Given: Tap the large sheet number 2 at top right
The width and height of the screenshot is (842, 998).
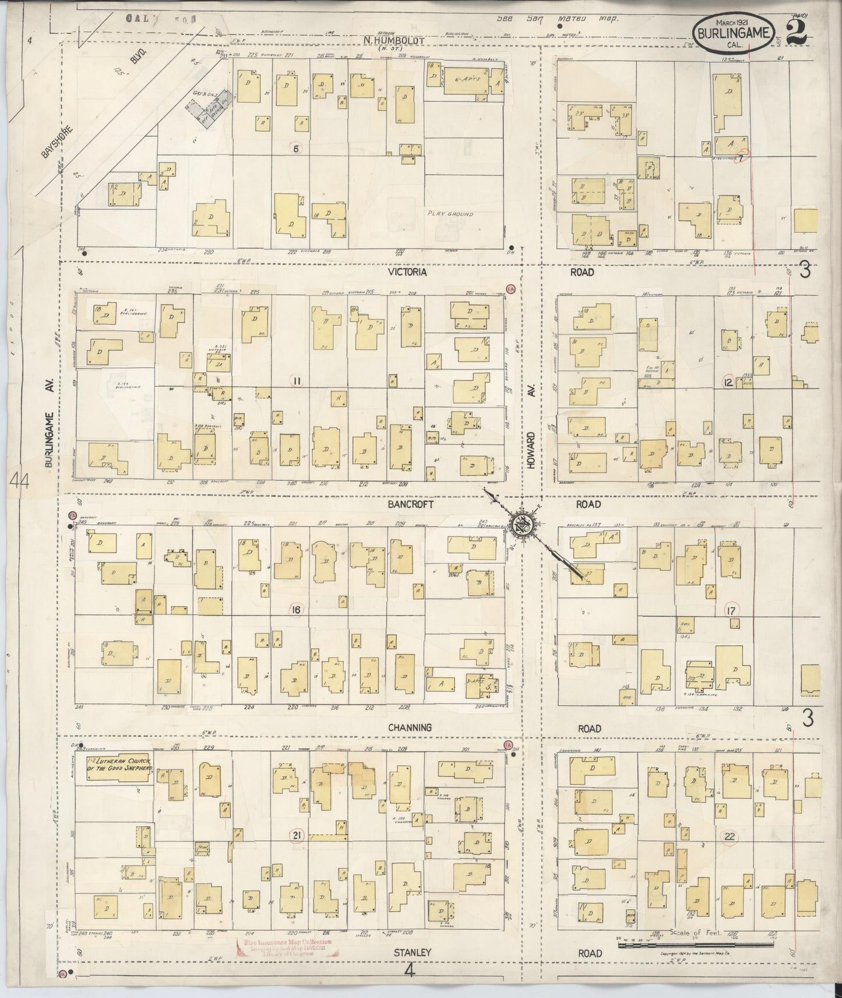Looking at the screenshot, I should click(797, 29).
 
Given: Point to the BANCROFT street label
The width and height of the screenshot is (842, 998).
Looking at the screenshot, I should click(411, 505).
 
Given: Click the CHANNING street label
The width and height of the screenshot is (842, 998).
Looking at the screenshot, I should click(411, 728).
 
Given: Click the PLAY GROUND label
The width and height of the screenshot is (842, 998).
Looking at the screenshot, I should click(450, 214).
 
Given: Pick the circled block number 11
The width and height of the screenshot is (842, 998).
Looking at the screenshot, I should click(297, 381).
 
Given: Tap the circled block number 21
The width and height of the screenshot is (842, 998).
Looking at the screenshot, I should click(297, 837).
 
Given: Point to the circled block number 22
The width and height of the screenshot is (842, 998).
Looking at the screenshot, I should click(729, 837).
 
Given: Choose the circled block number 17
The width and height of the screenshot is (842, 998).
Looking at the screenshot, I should click(731, 611).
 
